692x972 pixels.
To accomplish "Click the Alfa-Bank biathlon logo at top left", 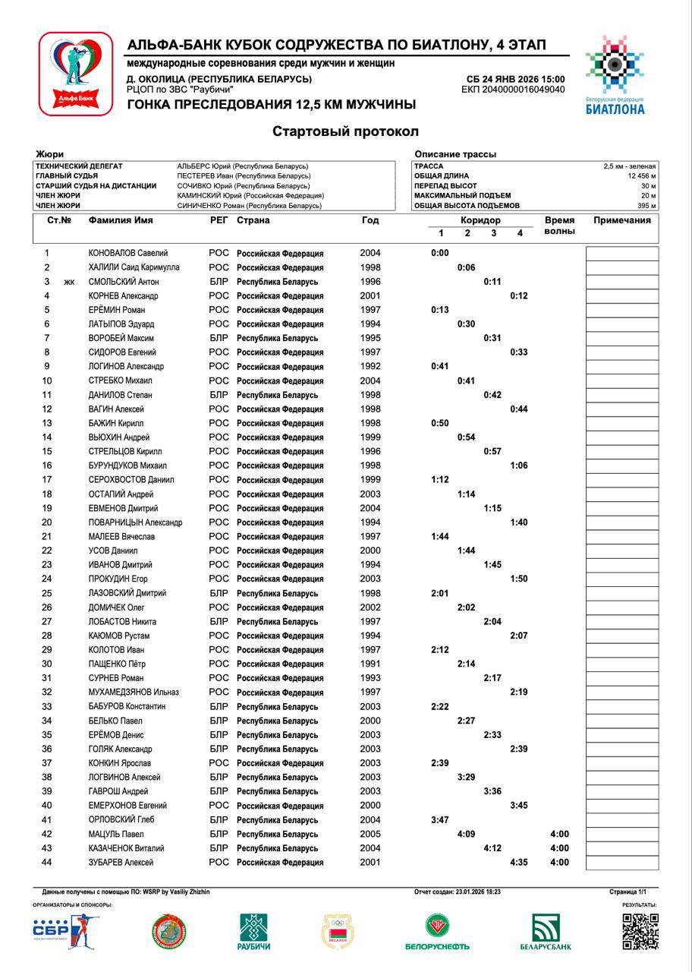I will coord(75,74).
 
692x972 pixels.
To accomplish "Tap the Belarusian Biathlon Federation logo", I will coord(615,74).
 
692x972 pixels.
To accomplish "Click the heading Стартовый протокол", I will coord(345,131).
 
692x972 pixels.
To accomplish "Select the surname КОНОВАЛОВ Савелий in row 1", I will coord(128,254).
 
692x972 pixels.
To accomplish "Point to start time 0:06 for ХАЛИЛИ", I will coord(466,267).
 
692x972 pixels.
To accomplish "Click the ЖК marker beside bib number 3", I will coord(69,282).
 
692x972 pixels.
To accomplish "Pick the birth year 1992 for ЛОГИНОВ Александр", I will coord(370,366).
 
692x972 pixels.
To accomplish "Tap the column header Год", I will coord(370,220).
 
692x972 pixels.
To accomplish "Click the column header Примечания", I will coord(621,220).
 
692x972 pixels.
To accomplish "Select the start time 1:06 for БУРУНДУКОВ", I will coord(519,465).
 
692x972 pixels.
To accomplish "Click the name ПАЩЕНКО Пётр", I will coord(117,664).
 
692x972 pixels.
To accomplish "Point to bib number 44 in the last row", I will coord(47,863).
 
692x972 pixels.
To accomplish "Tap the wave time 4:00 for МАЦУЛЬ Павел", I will coord(559,835).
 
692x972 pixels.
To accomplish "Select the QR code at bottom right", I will coord(640,931).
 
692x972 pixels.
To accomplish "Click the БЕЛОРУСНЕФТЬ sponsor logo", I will coord(437,933).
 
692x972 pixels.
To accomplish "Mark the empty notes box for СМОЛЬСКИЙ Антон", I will coord(621,282).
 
